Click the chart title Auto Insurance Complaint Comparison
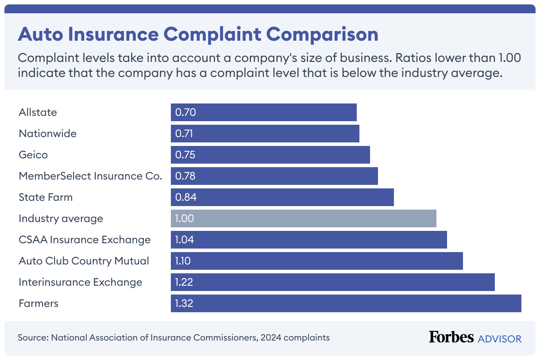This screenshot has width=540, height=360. point(198,34)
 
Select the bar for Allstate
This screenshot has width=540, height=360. point(263,112)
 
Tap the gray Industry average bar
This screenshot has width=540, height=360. point(304,218)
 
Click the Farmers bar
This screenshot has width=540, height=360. point(346,303)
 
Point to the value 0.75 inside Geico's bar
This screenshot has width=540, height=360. point(185,155)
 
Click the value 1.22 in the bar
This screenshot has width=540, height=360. point(185,282)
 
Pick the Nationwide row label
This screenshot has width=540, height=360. point(47,134)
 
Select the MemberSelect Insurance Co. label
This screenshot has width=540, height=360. point(90,176)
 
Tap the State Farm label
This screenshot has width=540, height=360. point(46,197)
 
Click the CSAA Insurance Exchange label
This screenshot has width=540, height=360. point(85,240)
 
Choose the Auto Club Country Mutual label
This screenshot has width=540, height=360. point(84,261)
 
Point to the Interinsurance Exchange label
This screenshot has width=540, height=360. point(81,282)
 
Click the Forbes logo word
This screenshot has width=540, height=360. point(451,337)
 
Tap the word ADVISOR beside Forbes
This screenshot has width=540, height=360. point(500,339)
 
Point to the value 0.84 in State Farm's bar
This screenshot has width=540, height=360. point(185,197)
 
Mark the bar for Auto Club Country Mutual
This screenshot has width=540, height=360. point(316,261)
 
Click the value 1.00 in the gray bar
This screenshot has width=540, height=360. point(185,218)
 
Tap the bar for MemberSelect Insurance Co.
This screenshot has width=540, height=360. point(274,176)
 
